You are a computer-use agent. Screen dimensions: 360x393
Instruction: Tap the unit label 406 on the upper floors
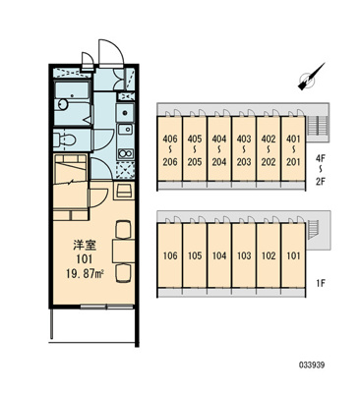(170, 139)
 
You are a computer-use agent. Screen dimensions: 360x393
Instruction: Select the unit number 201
(291, 162)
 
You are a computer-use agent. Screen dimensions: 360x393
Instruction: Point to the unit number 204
(218, 162)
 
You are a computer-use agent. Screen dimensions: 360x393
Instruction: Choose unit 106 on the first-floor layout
(170, 255)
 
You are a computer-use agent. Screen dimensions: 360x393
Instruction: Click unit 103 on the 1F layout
(243, 255)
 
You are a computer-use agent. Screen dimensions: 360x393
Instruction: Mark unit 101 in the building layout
(291, 255)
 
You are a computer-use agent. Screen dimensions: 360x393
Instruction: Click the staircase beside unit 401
(318, 128)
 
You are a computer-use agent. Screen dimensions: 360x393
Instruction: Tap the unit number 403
(243, 139)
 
